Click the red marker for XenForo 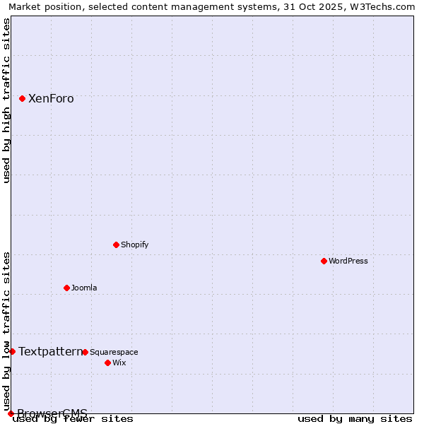[22, 99]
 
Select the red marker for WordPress [324, 261]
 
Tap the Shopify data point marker [116, 245]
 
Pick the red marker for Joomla [66, 288]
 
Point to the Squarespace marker [85, 352]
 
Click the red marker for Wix [107, 363]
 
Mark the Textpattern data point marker [12, 351]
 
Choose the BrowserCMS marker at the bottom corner [11, 413]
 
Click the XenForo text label [51, 99]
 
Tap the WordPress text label [348, 261]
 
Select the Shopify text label [134, 245]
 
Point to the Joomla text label [84, 288]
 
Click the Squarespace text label [114, 352]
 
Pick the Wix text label [119, 363]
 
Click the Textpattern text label [50, 351]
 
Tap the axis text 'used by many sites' [355, 419]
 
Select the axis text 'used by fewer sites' [73, 419]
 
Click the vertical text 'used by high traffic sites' [7, 100]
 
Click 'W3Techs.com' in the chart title [385, 6]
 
